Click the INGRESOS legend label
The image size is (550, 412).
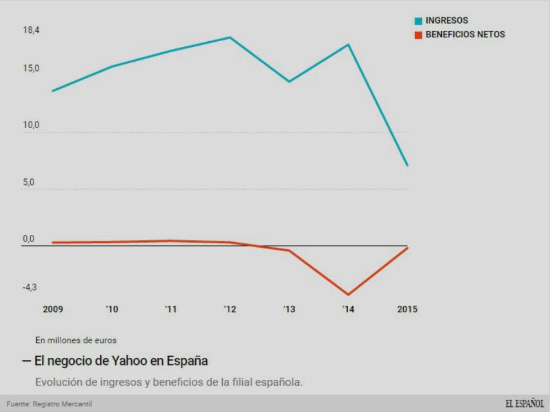[446, 21]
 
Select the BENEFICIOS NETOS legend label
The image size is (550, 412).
[465, 35]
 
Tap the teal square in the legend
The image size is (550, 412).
[418, 21]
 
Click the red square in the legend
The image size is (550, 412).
[418, 35]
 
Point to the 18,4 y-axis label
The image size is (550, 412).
[32, 30]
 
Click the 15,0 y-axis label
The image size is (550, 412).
[32, 68]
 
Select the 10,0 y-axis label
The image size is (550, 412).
[32, 125]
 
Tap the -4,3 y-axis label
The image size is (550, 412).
[30, 287]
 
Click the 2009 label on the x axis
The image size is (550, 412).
[53, 310]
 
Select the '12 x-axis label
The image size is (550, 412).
[230, 310]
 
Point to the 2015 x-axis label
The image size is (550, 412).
[407, 310]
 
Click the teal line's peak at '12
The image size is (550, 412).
[230, 37]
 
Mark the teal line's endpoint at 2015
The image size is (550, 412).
[407, 165]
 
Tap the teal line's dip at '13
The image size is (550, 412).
[289, 82]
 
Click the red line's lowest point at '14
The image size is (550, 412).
[348, 295]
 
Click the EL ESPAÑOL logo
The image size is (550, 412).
[524, 404]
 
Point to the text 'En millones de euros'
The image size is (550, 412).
[76, 340]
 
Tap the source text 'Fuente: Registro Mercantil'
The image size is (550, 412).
[50, 404]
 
